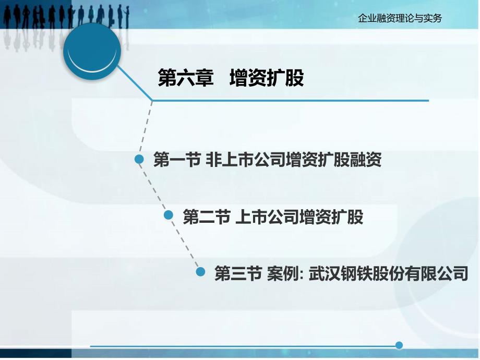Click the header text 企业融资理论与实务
400,18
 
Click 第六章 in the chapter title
186,78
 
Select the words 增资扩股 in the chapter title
267,78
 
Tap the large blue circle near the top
92,52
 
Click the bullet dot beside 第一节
139,159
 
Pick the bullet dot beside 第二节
169,215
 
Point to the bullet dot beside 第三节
200,271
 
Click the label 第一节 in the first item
177,160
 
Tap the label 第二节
207,217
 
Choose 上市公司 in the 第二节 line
267,217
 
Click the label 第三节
238,273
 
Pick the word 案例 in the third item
283,273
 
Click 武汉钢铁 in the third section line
340,273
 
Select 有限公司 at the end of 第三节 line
436,273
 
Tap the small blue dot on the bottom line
399,345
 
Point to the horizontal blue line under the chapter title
290,100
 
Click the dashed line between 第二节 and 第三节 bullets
184,243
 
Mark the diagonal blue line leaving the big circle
135,82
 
